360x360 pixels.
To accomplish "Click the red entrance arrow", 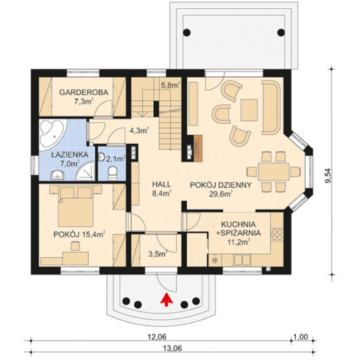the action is pyautogui.click(x=166, y=299).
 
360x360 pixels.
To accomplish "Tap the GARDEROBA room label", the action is pyautogui.click(x=84, y=92).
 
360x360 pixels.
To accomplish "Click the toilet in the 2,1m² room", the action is pyautogui.click(x=113, y=173).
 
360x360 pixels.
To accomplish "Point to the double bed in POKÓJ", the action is pyautogui.click(x=76, y=206).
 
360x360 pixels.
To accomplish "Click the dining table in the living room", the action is pyautogui.click(x=274, y=171).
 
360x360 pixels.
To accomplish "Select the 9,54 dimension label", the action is pyautogui.click(x=329, y=176).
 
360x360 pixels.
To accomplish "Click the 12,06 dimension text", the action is pyautogui.click(x=157, y=337).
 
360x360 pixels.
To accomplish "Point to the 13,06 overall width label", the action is pyautogui.click(x=172, y=349).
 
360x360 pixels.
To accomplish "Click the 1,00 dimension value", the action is pyautogui.click(x=300, y=337).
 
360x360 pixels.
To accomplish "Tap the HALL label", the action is pyautogui.click(x=161, y=184).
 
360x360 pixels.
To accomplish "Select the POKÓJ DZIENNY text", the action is pyautogui.click(x=221, y=185).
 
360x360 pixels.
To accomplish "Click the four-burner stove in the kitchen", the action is pyautogui.click(x=277, y=235).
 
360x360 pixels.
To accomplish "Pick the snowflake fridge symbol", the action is pyautogui.click(x=215, y=260).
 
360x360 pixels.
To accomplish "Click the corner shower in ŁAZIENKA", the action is pyautogui.click(x=85, y=171).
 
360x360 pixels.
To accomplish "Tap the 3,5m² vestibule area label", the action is pyautogui.click(x=158, y=254).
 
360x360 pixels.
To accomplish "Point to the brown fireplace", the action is pyautogui.click(x=198, y=148).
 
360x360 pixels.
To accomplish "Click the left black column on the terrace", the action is pyautogui.click(x=187, y=32).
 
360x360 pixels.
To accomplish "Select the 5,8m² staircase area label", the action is pyautogui.click(x=171, y=85).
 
